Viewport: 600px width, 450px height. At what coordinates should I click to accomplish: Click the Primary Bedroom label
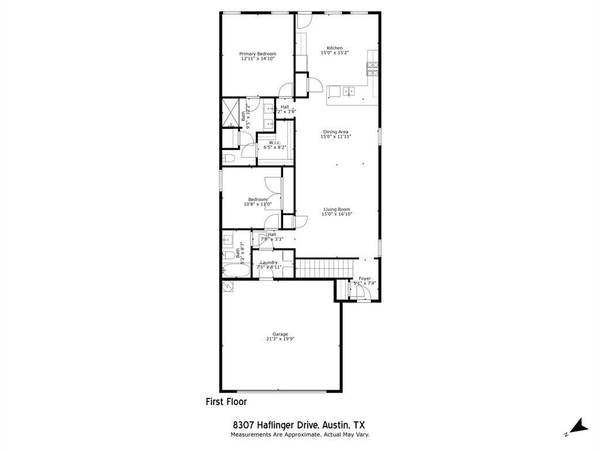[257, 54]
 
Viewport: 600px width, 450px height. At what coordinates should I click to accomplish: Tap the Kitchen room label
[335, 48]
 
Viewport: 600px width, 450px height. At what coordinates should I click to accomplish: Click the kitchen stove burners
[373, 69]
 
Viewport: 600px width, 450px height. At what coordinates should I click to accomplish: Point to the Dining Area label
[336, 132]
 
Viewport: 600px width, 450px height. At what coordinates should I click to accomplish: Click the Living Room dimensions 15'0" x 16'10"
[336, 214]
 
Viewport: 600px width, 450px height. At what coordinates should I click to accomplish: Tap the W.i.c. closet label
[275, 143]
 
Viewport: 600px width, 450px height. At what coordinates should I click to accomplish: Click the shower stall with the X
[232, 111]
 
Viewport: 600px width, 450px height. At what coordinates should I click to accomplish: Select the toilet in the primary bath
[229, 158]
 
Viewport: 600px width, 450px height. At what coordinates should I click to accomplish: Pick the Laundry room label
[269, 262]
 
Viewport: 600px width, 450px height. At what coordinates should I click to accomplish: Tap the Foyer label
[364, 278]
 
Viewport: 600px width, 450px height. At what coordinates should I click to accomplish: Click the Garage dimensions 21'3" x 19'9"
[280, 339]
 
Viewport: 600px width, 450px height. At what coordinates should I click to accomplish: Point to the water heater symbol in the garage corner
[227, 285]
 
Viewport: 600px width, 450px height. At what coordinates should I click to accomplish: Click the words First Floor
[226, 402]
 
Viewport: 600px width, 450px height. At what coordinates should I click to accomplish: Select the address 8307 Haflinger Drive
[275, 425]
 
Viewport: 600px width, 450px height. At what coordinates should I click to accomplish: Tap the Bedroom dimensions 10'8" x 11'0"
[258, 204]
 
